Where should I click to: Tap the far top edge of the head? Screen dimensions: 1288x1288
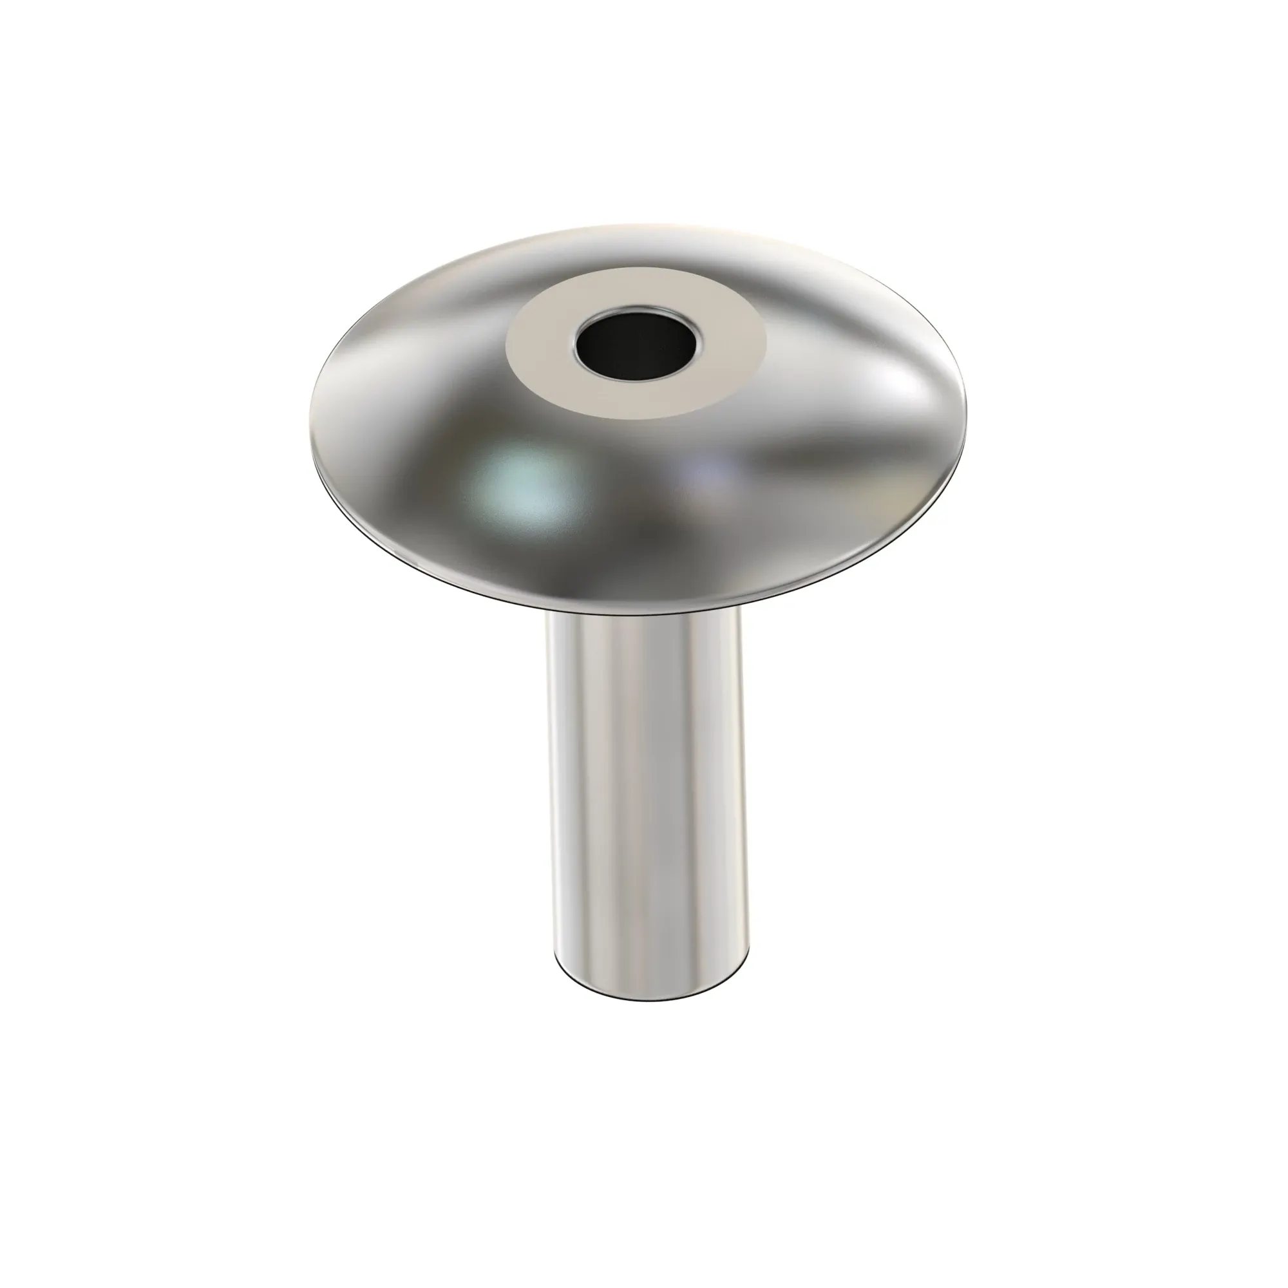633,225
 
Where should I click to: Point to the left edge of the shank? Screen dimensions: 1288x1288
551,787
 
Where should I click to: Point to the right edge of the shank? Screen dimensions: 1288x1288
743,787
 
